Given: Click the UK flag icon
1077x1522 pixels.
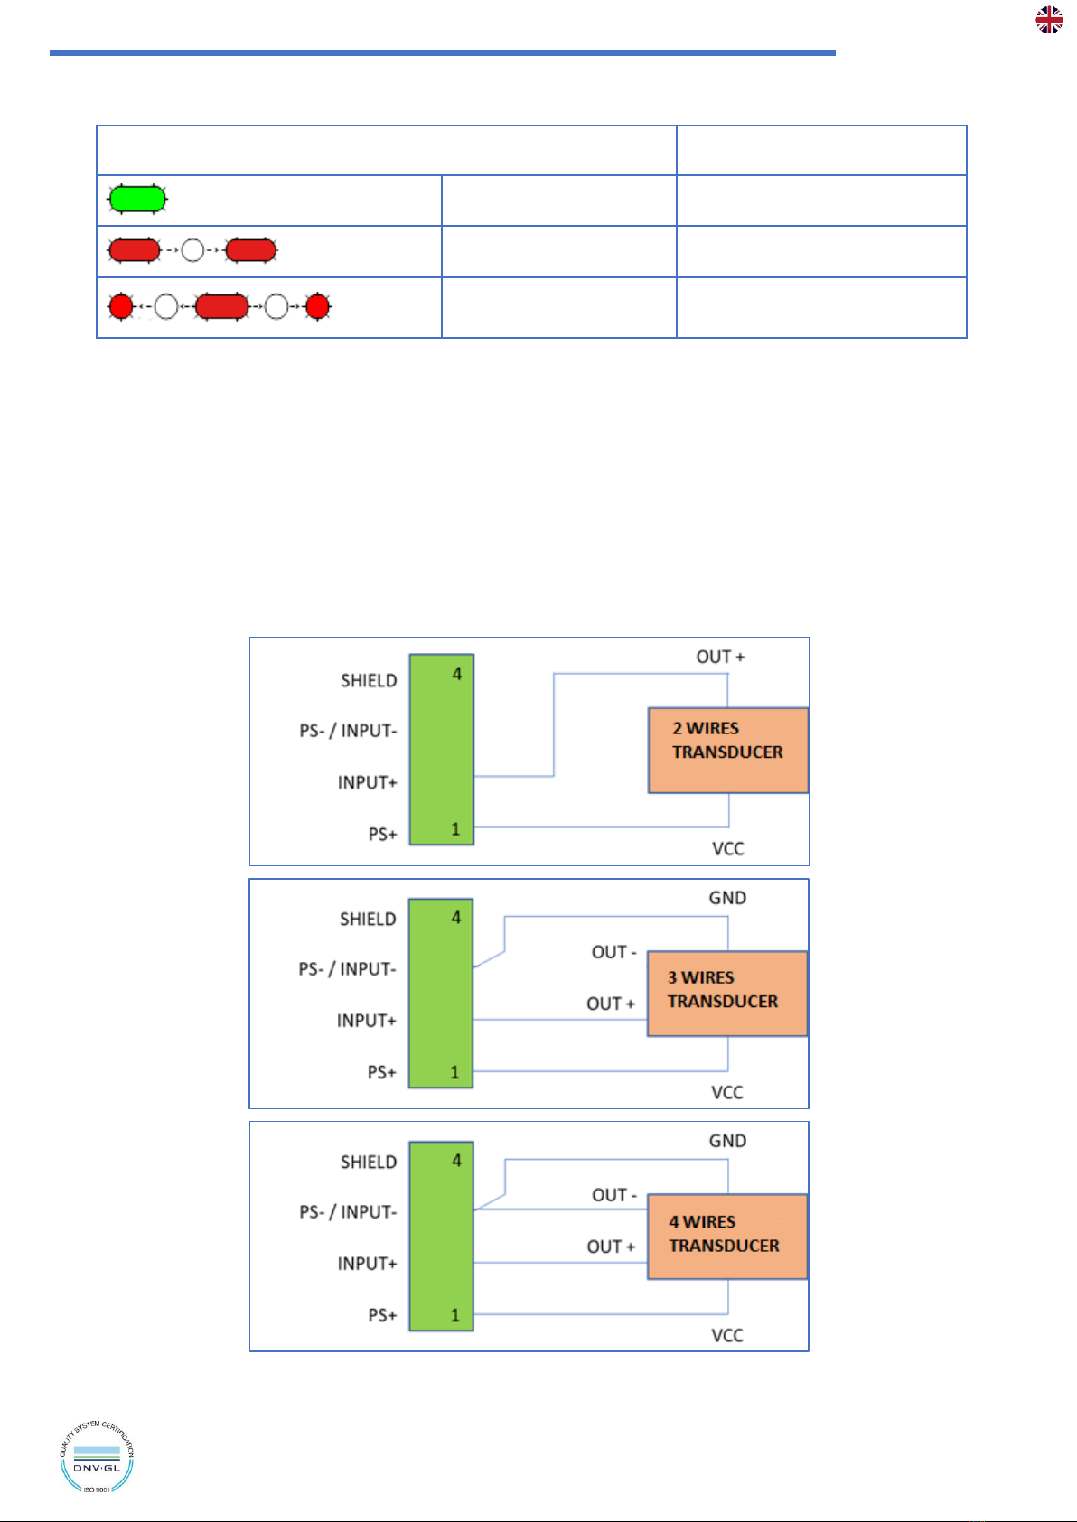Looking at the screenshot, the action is click(x=1048, y=20).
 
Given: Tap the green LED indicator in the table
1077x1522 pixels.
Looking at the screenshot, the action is click(x=137, y=199).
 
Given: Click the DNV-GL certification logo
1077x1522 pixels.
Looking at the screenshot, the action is click(x=97, y=1457).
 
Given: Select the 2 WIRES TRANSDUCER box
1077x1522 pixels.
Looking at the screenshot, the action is click(x=727, y=750).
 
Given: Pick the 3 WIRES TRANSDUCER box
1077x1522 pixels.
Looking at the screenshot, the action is click(x=727, y=994).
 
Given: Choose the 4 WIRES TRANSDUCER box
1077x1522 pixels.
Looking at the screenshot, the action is click(x=727, y=1237).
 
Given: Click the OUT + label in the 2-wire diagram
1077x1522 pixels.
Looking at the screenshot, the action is click(x=720, y=657).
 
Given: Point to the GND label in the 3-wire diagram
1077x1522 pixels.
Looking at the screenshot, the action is click(x=727, y=898).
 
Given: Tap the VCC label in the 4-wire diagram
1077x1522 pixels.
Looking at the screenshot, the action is click(x=727, y=1335).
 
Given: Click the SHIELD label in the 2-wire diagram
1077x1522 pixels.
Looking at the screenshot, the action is click(x=369, y=681).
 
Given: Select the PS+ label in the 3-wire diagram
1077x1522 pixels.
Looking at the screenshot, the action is click(x=382, y=1072).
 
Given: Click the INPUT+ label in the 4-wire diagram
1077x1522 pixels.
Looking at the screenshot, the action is click(x=367, y=1264).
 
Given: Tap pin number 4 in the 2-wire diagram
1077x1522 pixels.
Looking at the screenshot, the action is click(x=456, y=674).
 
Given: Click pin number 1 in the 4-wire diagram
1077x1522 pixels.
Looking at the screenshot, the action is click(x=455, y=1315).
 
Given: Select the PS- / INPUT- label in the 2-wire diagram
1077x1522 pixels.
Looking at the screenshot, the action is click(x=348, y=731).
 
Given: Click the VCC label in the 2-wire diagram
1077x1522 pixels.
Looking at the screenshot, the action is click(x=727, y=849).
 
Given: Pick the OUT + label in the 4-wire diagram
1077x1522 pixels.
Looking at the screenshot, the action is click(x=611, y=1247).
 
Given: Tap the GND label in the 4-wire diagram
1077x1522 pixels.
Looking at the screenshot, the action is click(x=727, y=1141).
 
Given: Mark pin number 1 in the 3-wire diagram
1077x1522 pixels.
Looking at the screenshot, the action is click(x=454, y=1072).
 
